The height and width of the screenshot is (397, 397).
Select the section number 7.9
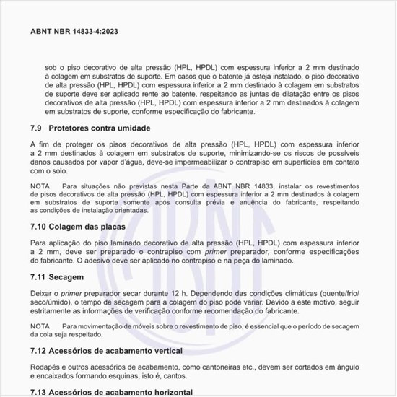(x=38, y=128)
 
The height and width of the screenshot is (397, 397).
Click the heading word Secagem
(x=71, y=276)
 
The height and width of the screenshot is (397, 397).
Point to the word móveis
(x=145, y=326)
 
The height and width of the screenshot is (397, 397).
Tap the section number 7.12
(x=40, y=351)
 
